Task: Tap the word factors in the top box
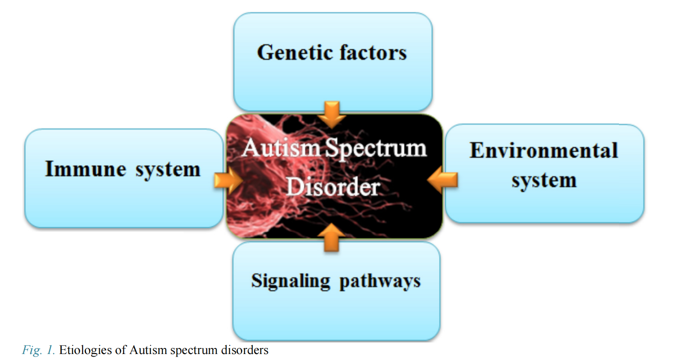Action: [x=373, y=53]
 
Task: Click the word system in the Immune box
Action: [x=168, y=170]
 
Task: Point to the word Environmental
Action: [x=544, y=150]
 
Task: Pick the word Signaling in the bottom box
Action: [x=290, y=281]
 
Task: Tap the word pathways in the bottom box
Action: [x=380, y=281]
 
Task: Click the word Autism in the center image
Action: [x=281, y=148]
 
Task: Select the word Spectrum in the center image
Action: [x=376, y=149]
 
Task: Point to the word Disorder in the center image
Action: [x=333, y=187]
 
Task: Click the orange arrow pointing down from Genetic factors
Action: [x=332, y=115]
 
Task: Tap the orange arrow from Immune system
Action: [x=228, y=180]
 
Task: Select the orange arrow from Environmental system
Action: [x=442, y=180]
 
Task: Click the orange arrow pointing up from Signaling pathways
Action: [x=332, y=238]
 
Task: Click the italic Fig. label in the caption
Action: [x=32, y=350]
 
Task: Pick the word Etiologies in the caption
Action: [x=86, y=350]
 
